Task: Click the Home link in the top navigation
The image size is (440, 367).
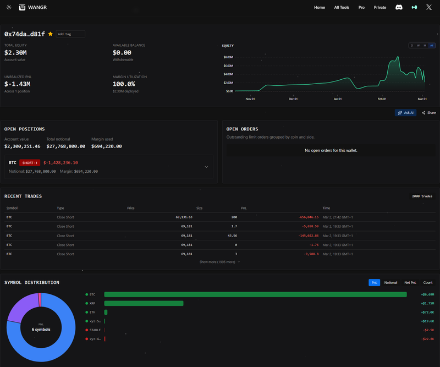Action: point(320,8)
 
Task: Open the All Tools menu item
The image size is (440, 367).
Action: point(342,8)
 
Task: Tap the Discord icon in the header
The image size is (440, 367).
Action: point(399,8)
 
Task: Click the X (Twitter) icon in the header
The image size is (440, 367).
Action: point(429,8)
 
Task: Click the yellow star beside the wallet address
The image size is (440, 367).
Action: point(51,34)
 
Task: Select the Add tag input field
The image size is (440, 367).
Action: point(70,34)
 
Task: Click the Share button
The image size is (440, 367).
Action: point(429,113)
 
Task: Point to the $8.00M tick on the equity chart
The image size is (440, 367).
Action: point(229,57)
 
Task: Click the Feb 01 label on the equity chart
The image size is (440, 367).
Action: point(382,99)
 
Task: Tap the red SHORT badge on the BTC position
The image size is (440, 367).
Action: point(29,163)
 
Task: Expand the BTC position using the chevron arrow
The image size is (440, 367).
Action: point(206,167)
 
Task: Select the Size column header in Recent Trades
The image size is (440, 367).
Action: point(200,209)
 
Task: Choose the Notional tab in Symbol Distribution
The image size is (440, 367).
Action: point(391,282)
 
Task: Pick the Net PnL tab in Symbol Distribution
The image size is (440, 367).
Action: point(410,282)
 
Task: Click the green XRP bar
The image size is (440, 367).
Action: point(144,303)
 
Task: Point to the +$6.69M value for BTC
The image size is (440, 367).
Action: point(427,294)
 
